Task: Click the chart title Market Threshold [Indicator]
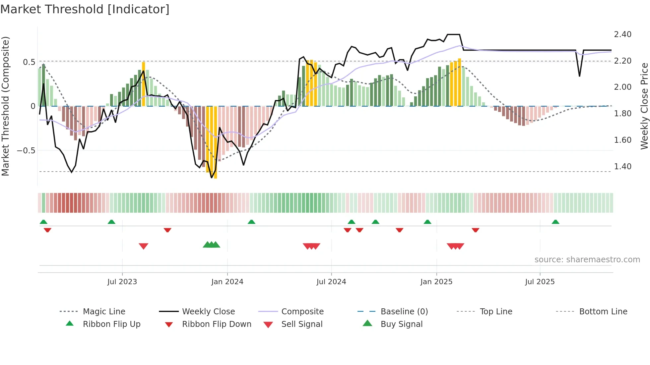click(x=85, y=9)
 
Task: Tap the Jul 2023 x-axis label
click(x=122, y=282)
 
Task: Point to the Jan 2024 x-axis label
click(x=227, y=282)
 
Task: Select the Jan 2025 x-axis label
click(x=436, y=282)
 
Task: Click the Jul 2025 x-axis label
click(x=540, y=282)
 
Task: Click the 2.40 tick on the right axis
click(x=622, y=34)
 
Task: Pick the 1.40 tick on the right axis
click(x=622, y=167)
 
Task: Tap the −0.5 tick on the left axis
click(x=26, y=151)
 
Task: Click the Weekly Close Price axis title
click(x=644, y=106)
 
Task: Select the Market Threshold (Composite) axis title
click(x=5, y=106)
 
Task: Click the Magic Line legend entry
click(x=104, y=312)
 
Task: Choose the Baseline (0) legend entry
click(x=404, y=312)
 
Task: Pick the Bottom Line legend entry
click(x=603, y=312)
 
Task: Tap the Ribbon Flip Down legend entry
click(x=216, y=324)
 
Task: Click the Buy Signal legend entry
click(x=401, y=324)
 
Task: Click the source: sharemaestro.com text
click(x=587, y=260)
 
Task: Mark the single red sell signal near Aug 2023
click(x=143, y=246)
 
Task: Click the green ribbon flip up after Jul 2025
click(x=555, y=222)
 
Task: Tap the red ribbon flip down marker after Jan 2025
click(x=475, y=230)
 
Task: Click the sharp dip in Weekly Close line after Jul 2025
click(x=579, y=76)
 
